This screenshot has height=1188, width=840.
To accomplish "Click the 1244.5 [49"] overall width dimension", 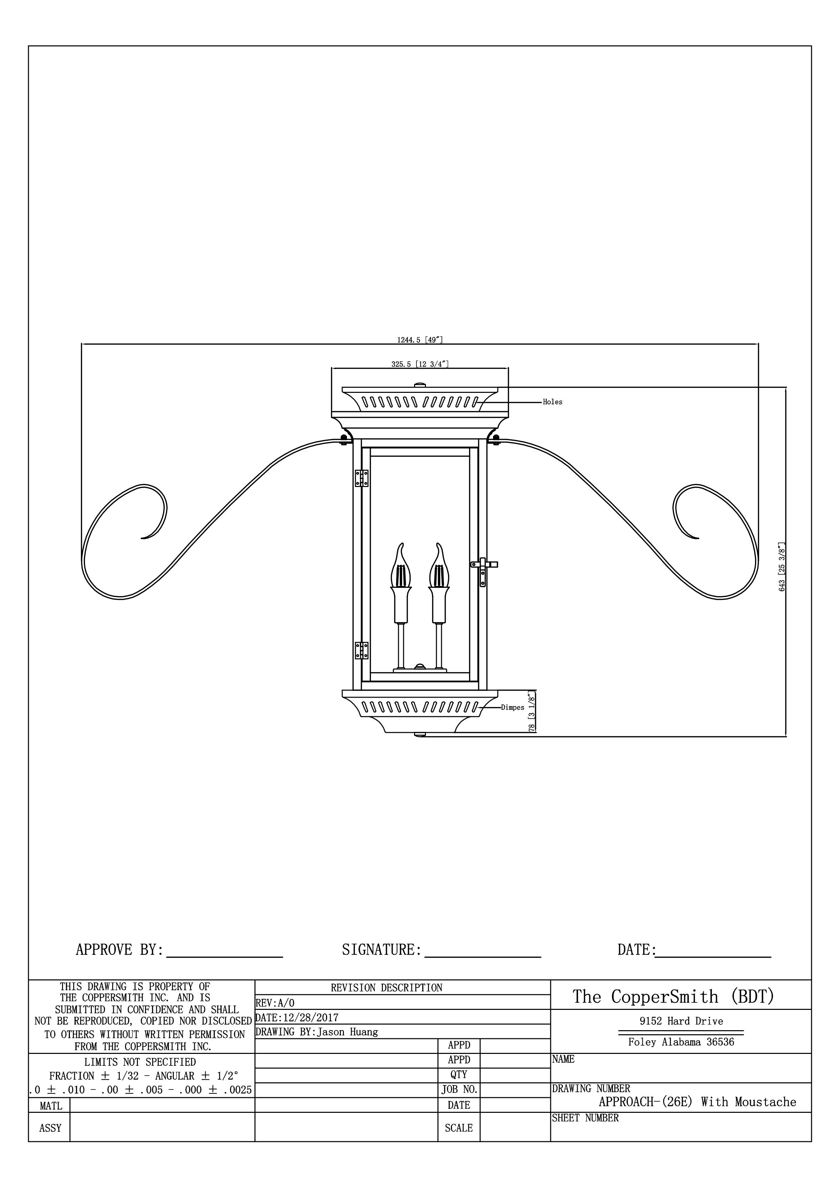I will tap(420, 340).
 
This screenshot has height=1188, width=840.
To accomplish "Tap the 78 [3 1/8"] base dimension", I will tap(532, 711).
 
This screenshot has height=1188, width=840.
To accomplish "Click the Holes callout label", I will tap(552, 402).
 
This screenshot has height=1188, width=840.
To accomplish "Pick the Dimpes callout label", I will tap(512, 708).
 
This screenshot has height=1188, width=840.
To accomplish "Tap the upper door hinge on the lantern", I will tap(361, 478).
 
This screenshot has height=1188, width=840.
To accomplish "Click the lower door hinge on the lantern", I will tap(361, 651).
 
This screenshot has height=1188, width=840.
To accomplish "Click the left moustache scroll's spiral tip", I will tap(143, 538).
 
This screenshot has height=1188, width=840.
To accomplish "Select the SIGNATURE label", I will tap(382, 950).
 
